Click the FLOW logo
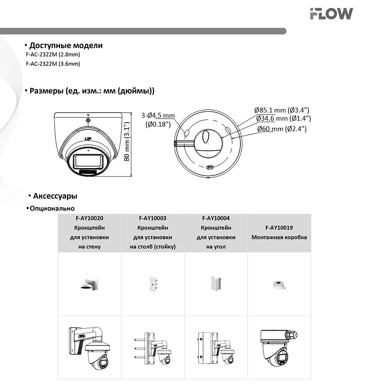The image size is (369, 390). point(331,14)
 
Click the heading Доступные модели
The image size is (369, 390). point(66,45)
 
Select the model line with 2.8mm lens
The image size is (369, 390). point(53,55)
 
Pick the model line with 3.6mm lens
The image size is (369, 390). point(53,64)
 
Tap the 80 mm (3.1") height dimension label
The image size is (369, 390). point(127,144)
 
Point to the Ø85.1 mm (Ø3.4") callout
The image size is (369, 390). point(282,110)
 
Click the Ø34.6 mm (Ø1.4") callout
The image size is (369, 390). point(283,118)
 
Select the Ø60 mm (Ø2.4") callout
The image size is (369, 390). point(282,129)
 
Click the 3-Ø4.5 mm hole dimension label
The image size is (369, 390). point(158,115)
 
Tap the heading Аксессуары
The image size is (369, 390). point(55,196)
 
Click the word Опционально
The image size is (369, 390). point(52,208)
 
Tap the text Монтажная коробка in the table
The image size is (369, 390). point(279,237)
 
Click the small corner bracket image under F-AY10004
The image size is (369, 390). point(216,284)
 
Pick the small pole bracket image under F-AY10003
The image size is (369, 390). point(152,284)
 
